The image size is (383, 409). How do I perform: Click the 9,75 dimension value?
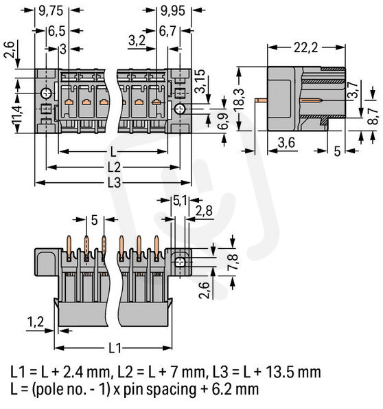pos(51,11)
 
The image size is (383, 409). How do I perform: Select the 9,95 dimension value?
pos(173,11)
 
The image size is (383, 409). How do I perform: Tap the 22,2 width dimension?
pos(306,47)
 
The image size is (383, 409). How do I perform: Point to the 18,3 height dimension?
pos(239,99)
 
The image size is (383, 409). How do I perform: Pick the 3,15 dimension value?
pos(200,81)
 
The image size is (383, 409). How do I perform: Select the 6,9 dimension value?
pos(223,121)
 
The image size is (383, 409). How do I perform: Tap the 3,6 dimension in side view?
pos(286,142)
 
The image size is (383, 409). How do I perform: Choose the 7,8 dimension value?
pos(233,261)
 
